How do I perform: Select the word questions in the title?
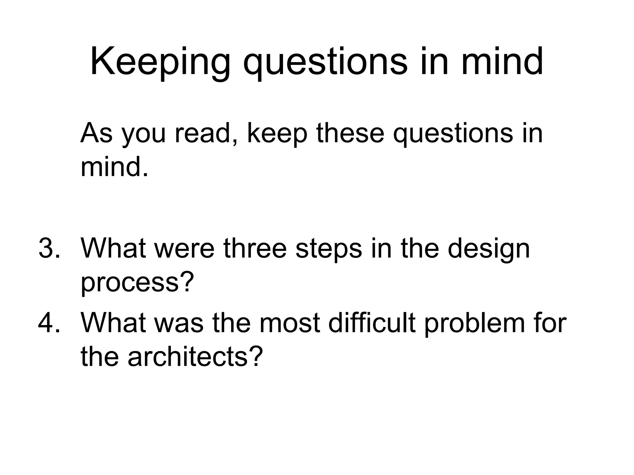(325, 62)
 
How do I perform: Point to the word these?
(350, 133)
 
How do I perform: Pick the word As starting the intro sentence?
(96, 133)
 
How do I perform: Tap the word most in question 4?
(289, 323)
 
